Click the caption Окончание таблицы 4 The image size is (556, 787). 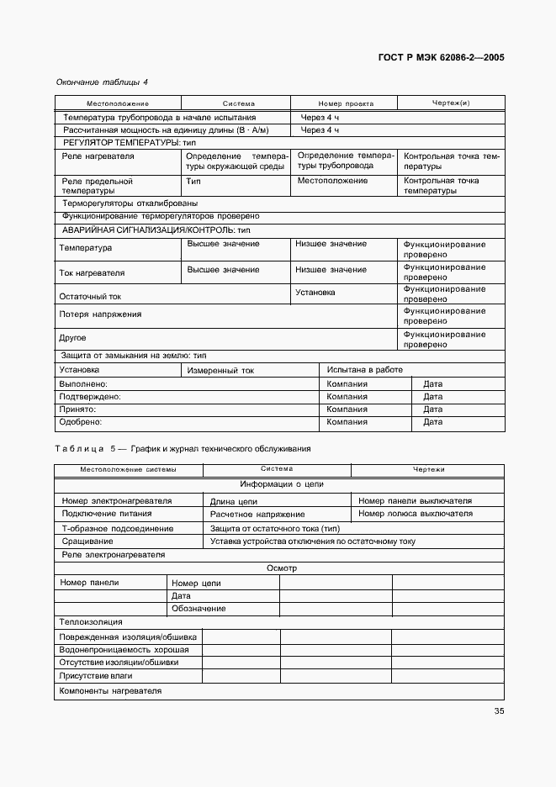(102, 82)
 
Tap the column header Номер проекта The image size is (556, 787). (346, 103)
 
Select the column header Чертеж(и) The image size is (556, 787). (451, 103)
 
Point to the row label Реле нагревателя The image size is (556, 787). (98, 156)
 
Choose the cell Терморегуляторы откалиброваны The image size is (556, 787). (130, 203)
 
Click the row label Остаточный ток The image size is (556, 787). (90, 296)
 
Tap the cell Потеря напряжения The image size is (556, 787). (100, 314)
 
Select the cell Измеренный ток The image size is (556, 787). (220, 370)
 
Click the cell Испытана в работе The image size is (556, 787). (364, 370)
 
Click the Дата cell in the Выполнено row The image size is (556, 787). (432, 384)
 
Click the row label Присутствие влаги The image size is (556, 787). (96, 675)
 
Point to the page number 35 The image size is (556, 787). (499, 712)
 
